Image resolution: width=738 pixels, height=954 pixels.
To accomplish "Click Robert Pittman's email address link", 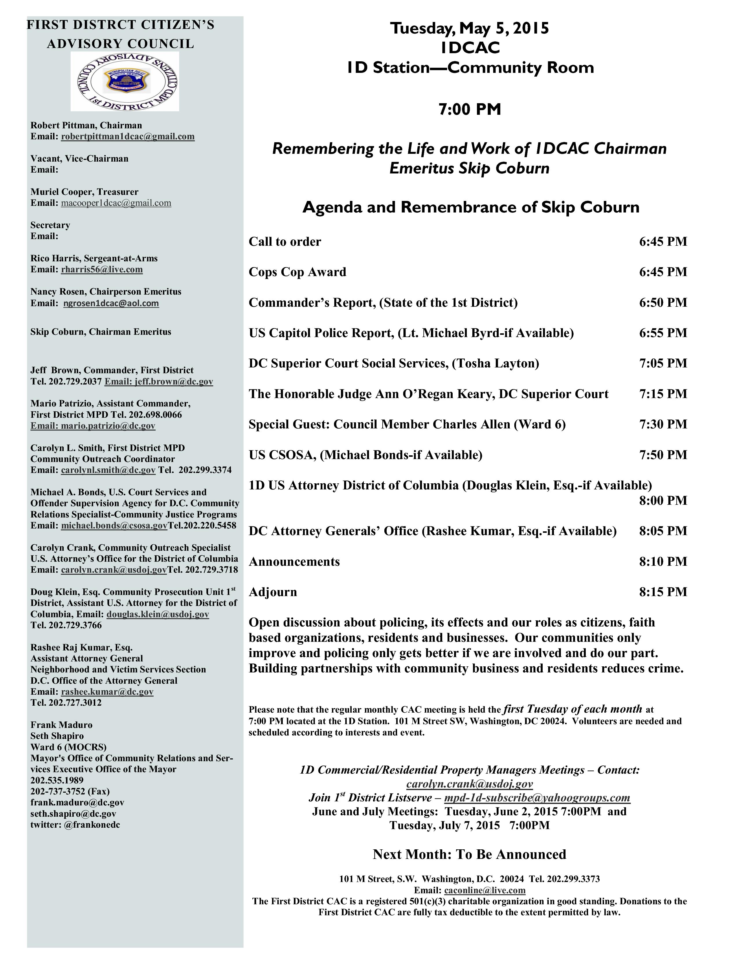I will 128,137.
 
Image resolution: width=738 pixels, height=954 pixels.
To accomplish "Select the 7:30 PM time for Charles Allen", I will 663,424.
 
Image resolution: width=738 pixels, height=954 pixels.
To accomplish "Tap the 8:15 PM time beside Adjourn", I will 663,592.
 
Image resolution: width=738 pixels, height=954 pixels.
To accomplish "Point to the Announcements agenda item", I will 294,562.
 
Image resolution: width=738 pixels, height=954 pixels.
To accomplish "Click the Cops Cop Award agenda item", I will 297,272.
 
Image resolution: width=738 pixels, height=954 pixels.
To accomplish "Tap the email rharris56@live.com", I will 102,269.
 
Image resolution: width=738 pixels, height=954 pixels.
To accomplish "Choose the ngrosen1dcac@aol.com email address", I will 111,303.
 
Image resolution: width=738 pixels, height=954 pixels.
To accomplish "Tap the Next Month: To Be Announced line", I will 469,854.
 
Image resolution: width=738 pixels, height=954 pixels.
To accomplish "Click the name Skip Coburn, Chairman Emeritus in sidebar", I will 100,332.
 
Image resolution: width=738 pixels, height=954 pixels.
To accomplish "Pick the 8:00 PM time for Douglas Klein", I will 663,501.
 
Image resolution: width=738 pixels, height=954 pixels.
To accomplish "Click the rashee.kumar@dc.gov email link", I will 107,692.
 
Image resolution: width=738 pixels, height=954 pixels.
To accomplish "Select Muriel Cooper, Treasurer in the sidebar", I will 85,192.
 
